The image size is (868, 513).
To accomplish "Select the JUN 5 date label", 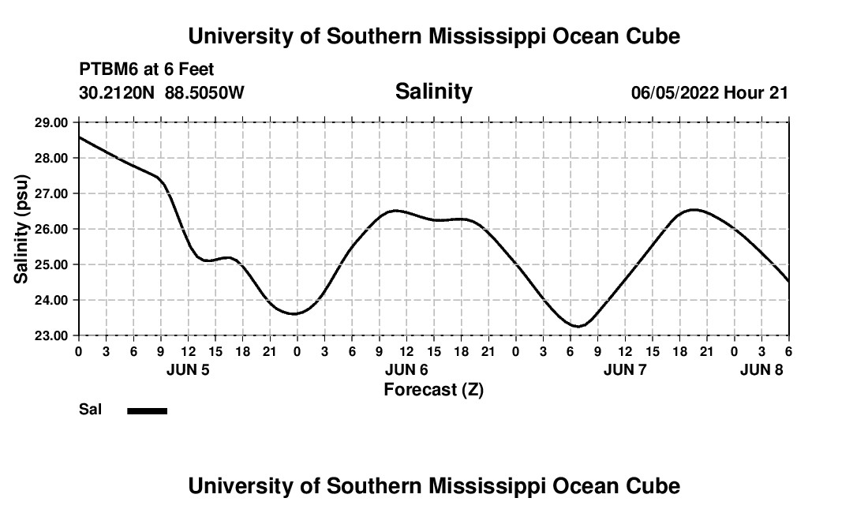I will coord(188,369).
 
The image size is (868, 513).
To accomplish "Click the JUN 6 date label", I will coord(406,369).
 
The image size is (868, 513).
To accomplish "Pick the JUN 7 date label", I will coord(625,369).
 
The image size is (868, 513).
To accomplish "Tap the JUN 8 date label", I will coord(761,369).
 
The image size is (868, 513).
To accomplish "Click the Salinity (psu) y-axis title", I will coord(21,229).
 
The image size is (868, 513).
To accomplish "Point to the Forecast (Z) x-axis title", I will coord(433,389).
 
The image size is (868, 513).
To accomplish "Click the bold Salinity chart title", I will coord(433,92).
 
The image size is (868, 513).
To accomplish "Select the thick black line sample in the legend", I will coord(147,410).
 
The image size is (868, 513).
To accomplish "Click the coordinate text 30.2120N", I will coord(118,92).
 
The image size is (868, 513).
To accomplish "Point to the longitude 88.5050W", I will coord(204,92).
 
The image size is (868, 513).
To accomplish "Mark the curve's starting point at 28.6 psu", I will coord(79,137).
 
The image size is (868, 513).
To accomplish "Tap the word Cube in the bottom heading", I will coord(653,485).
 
